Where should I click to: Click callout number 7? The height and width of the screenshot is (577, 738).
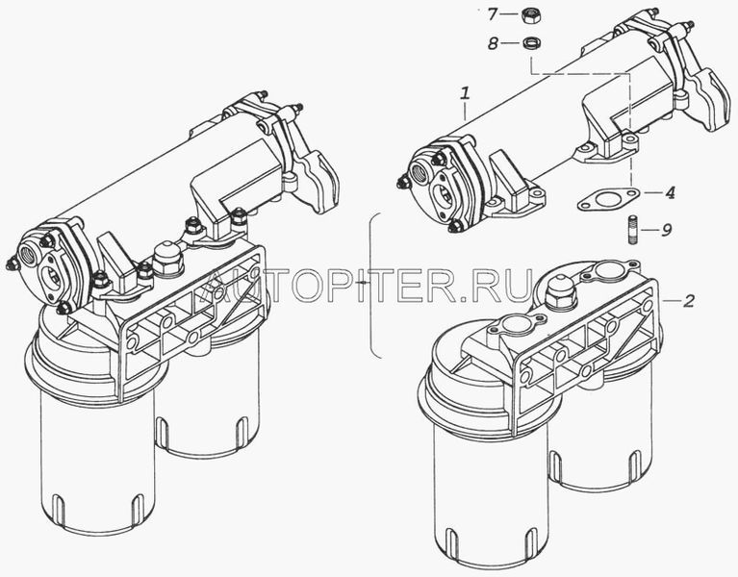[492, 14]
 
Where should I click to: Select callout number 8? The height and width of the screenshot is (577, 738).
[493, 43]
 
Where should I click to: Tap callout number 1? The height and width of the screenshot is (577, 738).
[465, 92]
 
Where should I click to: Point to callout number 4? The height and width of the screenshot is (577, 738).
[670, 192]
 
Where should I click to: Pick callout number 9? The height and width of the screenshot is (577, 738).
[667, 230]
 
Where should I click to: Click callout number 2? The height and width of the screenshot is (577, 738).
[689, 300]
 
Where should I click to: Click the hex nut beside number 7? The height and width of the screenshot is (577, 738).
[531, 15]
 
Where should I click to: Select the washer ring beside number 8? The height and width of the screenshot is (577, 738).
[531, 42]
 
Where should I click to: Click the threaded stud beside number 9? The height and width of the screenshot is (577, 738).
[633, 230]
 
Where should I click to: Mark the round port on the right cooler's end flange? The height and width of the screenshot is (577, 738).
[443, 194]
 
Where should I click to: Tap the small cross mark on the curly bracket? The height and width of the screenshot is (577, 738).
[362, 283]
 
